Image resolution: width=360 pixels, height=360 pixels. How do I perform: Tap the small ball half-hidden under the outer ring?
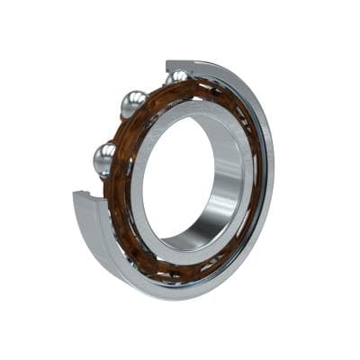pos(175,78)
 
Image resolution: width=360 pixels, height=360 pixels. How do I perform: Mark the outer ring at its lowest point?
pos(171,292)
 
